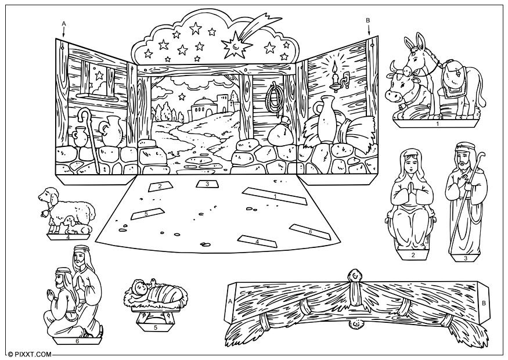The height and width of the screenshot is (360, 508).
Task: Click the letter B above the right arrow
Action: tap(368, 20)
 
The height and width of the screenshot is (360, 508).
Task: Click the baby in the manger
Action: tap(142, 287)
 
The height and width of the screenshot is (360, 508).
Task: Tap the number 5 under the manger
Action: tap(155, 327)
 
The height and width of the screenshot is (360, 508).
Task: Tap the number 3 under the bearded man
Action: tap(466, 258)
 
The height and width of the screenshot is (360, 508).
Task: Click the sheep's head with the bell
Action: tap(46, 197)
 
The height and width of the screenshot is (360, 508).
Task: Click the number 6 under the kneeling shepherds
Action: tap(77, 341)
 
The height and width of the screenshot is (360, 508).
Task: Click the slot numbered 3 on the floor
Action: tap(206, 184)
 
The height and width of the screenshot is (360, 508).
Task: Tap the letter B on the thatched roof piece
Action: tap(484, 302)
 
